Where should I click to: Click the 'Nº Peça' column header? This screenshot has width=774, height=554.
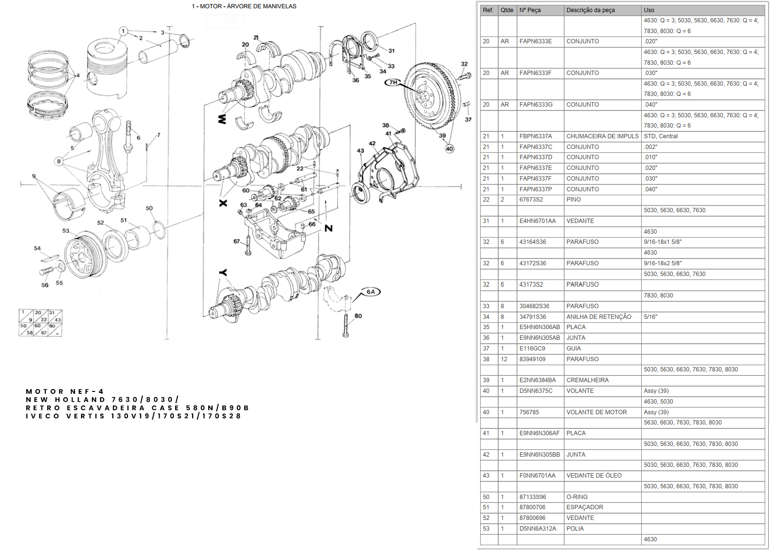coord(530,10)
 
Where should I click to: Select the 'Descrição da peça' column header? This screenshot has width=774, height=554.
coord(590,10)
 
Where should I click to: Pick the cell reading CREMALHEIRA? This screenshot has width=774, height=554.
coord(587,380)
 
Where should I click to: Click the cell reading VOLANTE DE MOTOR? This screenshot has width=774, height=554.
coord(596,412)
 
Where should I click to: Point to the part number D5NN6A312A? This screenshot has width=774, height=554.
coord(538,529)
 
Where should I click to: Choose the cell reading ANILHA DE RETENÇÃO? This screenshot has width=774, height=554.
coord(598,317)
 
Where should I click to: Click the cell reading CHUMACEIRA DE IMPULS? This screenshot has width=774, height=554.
coord(602,136)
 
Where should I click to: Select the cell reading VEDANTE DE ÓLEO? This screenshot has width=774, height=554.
coord(594,476)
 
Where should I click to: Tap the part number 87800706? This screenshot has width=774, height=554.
coord(532,507)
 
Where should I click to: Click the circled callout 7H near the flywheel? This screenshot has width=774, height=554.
coord(393,82)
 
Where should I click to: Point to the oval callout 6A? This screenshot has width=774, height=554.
coord(371,292)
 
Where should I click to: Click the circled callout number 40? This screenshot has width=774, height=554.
coord(449,149)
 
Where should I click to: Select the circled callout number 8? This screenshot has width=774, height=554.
coord(59,161)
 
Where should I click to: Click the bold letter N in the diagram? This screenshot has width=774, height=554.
coord(329,228)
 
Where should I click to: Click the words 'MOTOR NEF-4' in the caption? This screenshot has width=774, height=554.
coord(65,391)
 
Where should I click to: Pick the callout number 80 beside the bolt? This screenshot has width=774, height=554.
coord(358,316)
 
